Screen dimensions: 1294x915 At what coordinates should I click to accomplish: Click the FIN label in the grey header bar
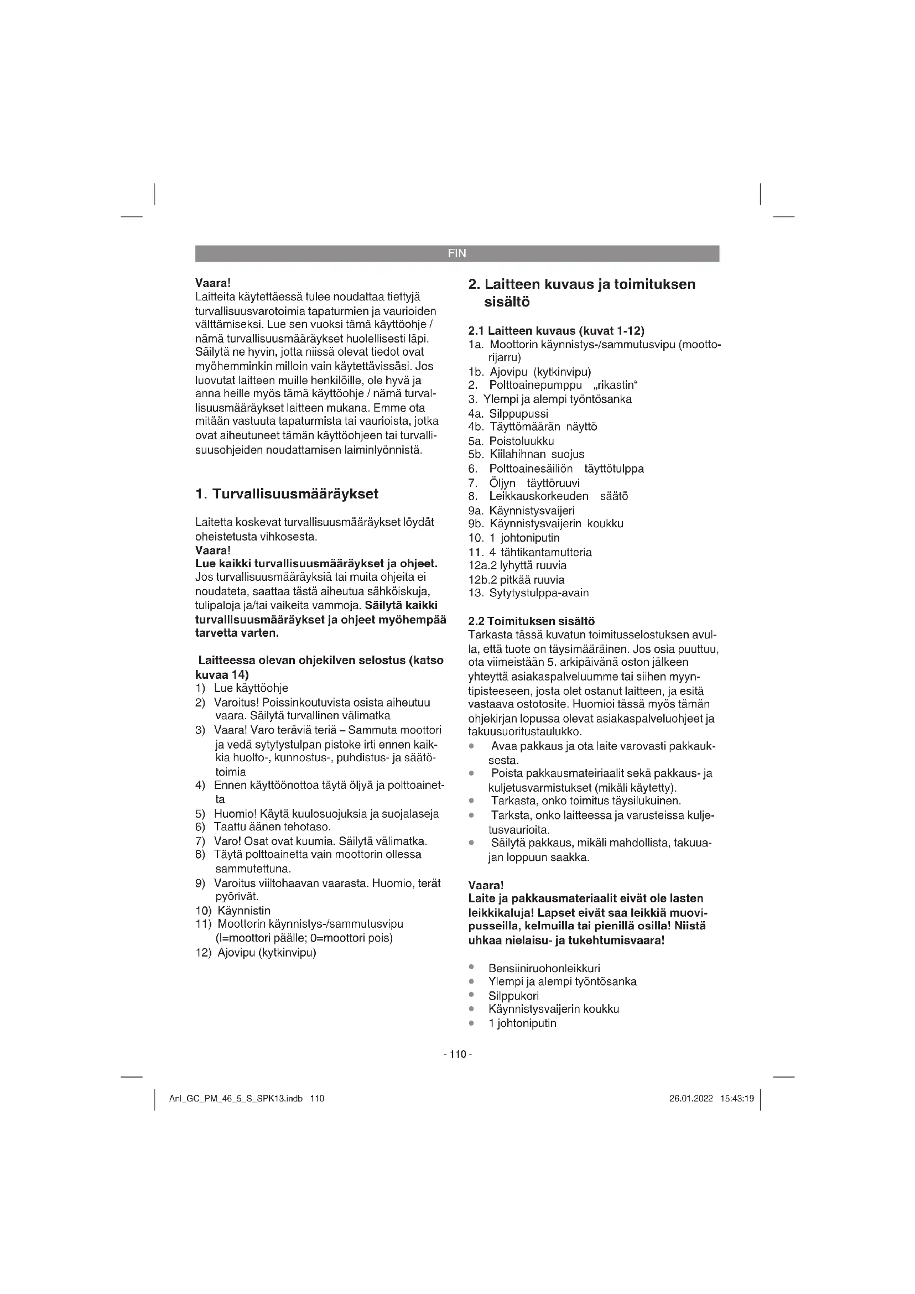click(x=457, y=253)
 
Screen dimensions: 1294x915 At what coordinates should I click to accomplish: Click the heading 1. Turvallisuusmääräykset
click(x=287, y=494)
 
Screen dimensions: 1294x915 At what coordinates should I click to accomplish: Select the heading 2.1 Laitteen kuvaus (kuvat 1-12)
click(x=556, y=331)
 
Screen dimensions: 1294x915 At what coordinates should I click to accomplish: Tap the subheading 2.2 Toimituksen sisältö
click(x=531, y=622)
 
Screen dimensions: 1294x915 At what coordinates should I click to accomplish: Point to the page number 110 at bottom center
click(x=457, y=1054)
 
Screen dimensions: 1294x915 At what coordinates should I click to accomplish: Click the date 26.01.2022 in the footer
click(x=691, y=1099)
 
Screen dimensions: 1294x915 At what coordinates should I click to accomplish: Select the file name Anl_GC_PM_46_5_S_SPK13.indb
click(x=236, y=1099)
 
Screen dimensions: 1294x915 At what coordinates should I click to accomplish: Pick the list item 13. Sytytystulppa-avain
click(x=528, y=593)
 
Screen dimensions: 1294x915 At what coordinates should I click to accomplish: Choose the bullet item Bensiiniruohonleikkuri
click(x=544, y=968)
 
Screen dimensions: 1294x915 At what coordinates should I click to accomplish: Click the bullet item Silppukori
click(x=513, y=996)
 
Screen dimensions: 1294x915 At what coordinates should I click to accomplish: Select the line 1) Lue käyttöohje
click(x=242, y=688)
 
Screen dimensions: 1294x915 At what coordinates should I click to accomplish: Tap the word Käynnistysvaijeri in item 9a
click(x=532, y=511)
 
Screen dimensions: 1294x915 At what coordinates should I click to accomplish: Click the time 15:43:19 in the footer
click(x=736, y=1099)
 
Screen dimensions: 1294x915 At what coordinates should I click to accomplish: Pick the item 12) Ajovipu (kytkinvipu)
click(x=256, y=953)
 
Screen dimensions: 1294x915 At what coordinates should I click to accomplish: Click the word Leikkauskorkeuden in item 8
click(x=539, y=496)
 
